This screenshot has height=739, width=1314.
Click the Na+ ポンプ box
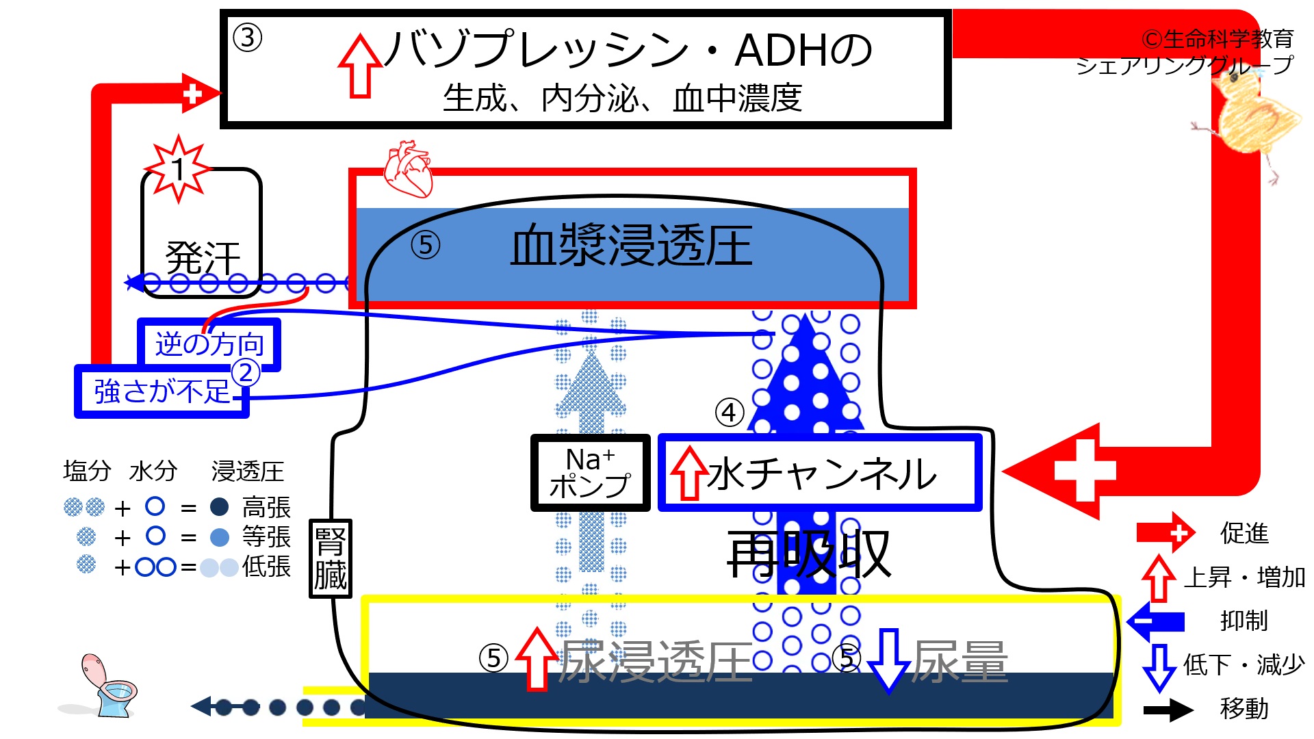coord(590,473)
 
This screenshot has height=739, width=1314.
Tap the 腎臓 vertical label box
coord(331,558)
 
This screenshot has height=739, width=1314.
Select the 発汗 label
coord(203,258)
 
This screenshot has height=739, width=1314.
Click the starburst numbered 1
coord(178,169)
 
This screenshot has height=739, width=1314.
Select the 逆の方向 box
coord(209,344)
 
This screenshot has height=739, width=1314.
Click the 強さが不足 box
coord(162,391)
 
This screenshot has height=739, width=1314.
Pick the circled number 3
coord(248,38)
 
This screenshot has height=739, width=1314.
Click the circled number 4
coord(730,413)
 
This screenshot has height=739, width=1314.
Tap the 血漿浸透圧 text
coord(631,246)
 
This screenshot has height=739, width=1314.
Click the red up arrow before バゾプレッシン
coord(360,66)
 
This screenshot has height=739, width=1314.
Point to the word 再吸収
coord(808,555)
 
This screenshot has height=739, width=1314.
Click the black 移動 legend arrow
coord(1169,710)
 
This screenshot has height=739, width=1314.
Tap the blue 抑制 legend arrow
coord(1156,621)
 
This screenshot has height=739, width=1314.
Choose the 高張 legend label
coord(266,508)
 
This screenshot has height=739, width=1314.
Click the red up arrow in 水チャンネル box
coord(689,474)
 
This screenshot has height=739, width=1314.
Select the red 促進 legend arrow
coord(1165,532)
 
